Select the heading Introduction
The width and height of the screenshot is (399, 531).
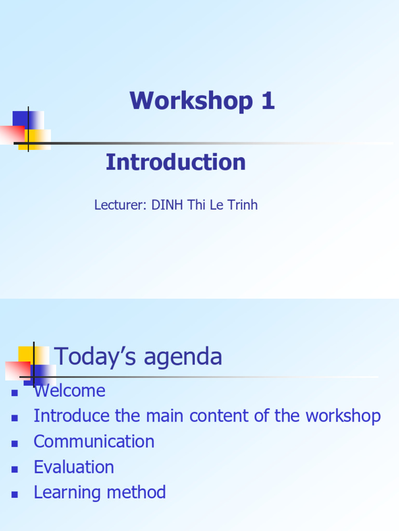pos(176,162)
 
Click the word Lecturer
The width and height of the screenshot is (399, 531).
pos(119,205)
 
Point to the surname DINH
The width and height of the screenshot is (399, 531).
pos(165,205)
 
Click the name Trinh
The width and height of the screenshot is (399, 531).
pos(242,205)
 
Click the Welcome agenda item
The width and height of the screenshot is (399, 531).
pos(70,390)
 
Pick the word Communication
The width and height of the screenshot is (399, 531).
pos(94,441)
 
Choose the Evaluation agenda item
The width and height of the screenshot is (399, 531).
pos(74,467)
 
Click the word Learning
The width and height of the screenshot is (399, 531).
pos(68,492)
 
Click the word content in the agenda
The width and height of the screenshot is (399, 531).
pos(224,416)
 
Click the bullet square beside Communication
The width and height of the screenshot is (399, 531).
pos(15,443)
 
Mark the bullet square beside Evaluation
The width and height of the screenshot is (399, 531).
pos(15,468)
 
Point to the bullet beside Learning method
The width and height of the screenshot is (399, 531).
pos(15,494)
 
